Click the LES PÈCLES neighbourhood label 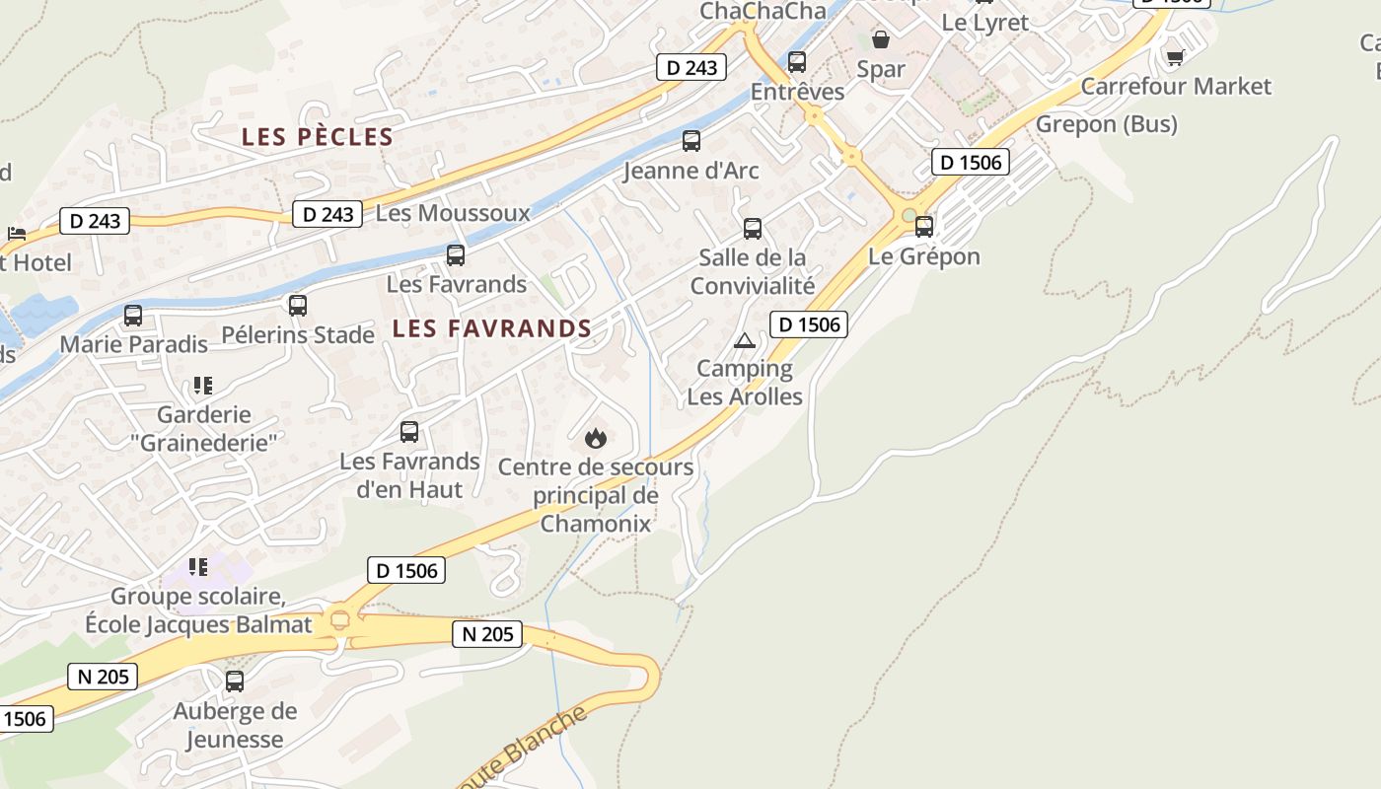coord(318,137)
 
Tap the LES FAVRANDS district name coord(491,328)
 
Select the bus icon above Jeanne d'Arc coord(691,141)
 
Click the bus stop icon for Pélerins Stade coord(298,306)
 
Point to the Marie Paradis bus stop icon coord(133,316)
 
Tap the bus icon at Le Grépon coord(924,227)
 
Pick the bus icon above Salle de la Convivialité coord(753,229)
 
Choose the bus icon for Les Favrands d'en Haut coord(409,432)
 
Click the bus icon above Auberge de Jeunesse coord(235,681)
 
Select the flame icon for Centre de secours coord(596,438)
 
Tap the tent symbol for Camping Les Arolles coord(745,341)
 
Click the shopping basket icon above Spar coord(881,40)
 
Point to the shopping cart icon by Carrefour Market coord(1175,57)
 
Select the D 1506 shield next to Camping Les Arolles coord(809,323)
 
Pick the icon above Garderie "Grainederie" coord(203,386)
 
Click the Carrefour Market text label coord(1176,87)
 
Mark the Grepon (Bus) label coord(1106,124)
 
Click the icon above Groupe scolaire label coord(198,567)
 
